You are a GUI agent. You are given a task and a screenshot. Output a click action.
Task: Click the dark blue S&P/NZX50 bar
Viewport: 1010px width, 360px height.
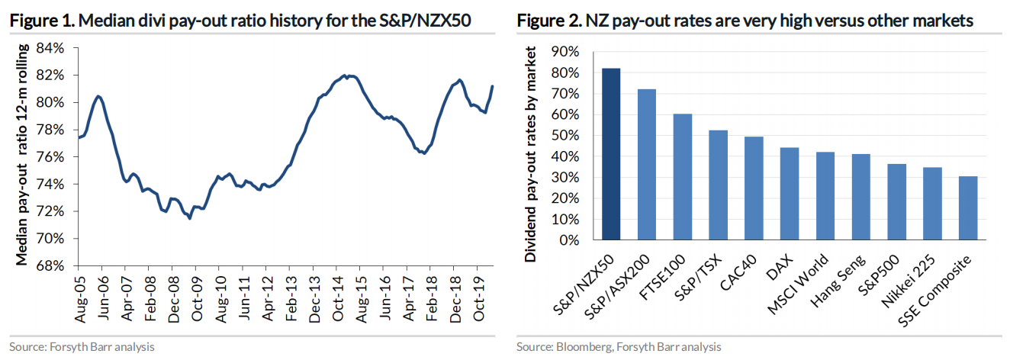click(611, 154)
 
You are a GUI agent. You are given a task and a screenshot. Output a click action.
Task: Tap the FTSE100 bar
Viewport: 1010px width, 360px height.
click(683, 177)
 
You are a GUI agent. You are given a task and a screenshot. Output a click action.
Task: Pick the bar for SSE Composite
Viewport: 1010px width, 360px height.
click(968, 208)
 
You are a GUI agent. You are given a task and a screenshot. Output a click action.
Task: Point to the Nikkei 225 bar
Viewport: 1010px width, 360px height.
click(932, 204)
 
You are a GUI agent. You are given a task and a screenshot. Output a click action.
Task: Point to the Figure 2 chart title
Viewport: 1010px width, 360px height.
click(745, 21)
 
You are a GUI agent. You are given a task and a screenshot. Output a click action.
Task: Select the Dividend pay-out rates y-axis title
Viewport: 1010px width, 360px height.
click(531, 153)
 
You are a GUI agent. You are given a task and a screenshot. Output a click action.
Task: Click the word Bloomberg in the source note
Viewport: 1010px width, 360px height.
click(583, 347)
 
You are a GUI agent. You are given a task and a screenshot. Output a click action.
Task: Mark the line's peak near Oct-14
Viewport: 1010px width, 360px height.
click(346, 76)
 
